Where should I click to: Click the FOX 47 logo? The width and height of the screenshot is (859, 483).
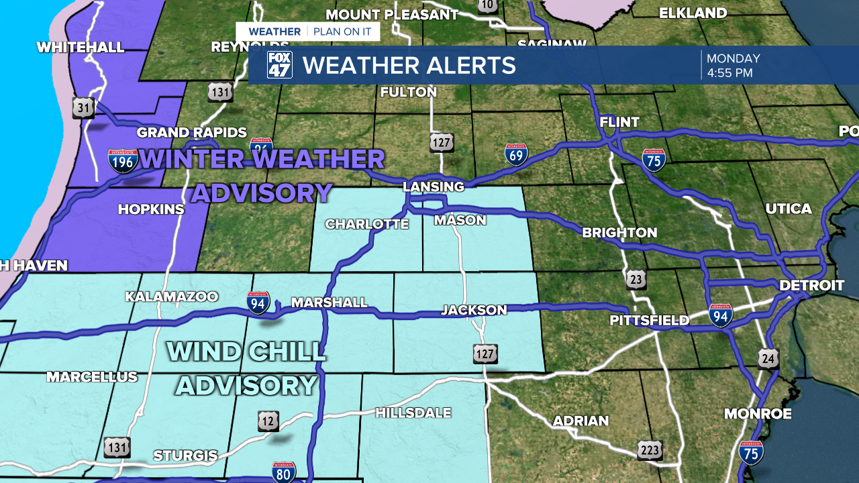[280, 65]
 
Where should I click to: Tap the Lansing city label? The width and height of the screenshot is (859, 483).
[433, 186]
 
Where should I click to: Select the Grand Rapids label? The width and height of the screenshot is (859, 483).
[192, 133]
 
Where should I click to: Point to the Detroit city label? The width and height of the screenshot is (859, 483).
[811, 286]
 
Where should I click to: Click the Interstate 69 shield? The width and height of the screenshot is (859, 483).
[516, 154]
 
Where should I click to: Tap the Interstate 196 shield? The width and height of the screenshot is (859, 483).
[123, 161]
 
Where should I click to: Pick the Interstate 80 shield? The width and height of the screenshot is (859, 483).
[284, 472]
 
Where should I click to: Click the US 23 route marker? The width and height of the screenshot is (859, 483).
[636, 280]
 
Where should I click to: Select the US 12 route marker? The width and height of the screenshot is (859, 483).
[268, 421]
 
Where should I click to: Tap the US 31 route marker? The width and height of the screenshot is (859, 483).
[83, 107]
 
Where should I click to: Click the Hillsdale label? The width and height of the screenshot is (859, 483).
[413, 413]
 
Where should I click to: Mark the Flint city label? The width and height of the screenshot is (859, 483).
[619, 122]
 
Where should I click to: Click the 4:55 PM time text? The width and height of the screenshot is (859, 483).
[729, 72]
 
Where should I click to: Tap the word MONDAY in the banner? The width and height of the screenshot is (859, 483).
[733, 58]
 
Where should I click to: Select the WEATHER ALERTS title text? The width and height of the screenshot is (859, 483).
[409, 66]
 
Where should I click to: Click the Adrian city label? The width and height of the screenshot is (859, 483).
[580, 421]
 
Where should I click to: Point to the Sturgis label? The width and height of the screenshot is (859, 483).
[185, 456]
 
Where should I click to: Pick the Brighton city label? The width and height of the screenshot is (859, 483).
[619, 233]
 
